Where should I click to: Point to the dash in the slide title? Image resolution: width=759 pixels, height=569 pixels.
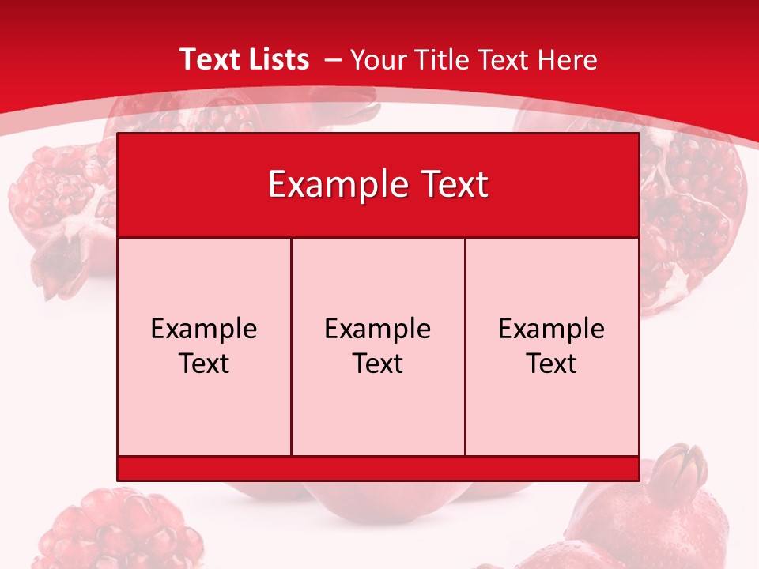coord(332,60)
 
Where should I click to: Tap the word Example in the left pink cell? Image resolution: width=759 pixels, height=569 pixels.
coord(204,329)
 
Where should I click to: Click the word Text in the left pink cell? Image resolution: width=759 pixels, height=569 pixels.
coord(204,364)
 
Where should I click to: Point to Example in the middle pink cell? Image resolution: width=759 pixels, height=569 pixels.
coord(378,329)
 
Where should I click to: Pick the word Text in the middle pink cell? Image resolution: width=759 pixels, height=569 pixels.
coord(378,364)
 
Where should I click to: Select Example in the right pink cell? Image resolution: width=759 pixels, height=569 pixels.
coord(552,329)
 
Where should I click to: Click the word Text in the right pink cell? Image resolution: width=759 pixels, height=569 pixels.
coord(552,364)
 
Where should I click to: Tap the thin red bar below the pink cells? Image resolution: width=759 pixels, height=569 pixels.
coord(378,468)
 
